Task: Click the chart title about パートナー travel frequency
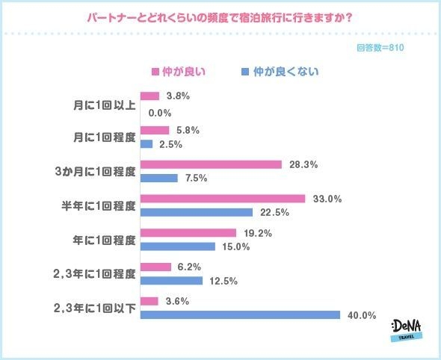[x=220, y=16]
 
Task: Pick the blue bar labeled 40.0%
[x=240, y=314]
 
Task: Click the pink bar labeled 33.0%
[x=223, y=199]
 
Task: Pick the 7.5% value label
[x=196, y=179]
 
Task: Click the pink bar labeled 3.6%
[x=149, y=301]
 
